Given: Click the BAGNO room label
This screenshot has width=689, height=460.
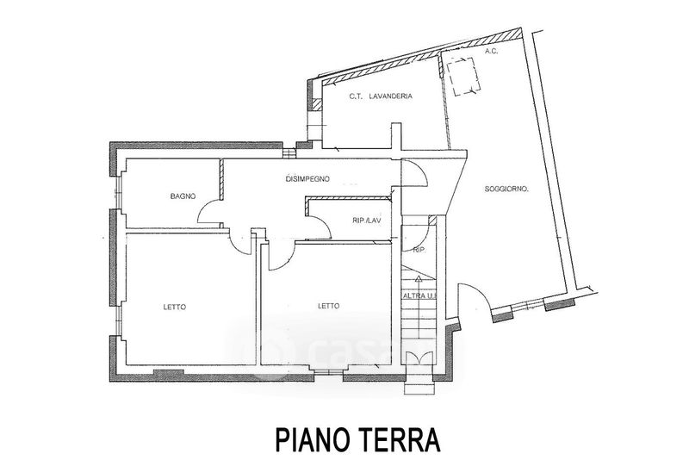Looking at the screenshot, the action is (x=183, y=196).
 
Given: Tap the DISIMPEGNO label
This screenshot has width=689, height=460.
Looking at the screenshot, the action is (x=307, y=179).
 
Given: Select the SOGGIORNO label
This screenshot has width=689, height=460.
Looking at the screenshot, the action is (x=506, y=190).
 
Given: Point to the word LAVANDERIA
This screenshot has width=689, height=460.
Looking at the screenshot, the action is (x=391, y=96).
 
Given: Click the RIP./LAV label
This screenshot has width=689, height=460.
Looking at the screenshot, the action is (x=367, y=221).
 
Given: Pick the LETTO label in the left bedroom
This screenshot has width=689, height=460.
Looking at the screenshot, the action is (x=175, y=308).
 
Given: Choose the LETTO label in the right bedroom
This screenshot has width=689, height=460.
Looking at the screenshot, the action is (x=328, y=306).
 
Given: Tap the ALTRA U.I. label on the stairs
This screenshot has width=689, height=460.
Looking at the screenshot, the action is (x=419, y=296).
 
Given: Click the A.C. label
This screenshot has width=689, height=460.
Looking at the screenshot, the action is (x=491, y=52).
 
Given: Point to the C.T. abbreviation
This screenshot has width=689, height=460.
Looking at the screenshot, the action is (x=356, y=96).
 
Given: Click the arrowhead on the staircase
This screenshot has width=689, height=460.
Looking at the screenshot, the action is (x=419, y=278).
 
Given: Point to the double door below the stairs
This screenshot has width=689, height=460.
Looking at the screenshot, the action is (x=419, y=358).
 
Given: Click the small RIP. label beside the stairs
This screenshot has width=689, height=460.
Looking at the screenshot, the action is (x=419, y=250).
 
